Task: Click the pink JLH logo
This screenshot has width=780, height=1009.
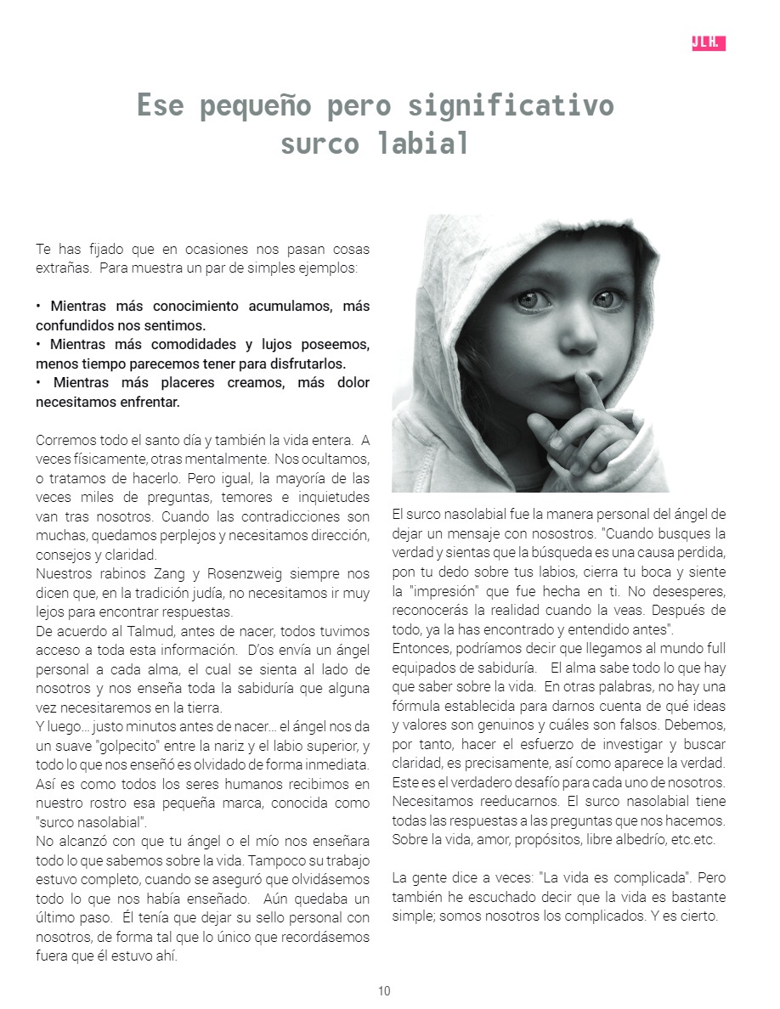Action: (709, 43)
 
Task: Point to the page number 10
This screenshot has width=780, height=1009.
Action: (385, 991)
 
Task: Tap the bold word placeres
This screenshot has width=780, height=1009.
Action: (183, 383)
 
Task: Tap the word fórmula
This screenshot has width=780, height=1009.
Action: (418, 707)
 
